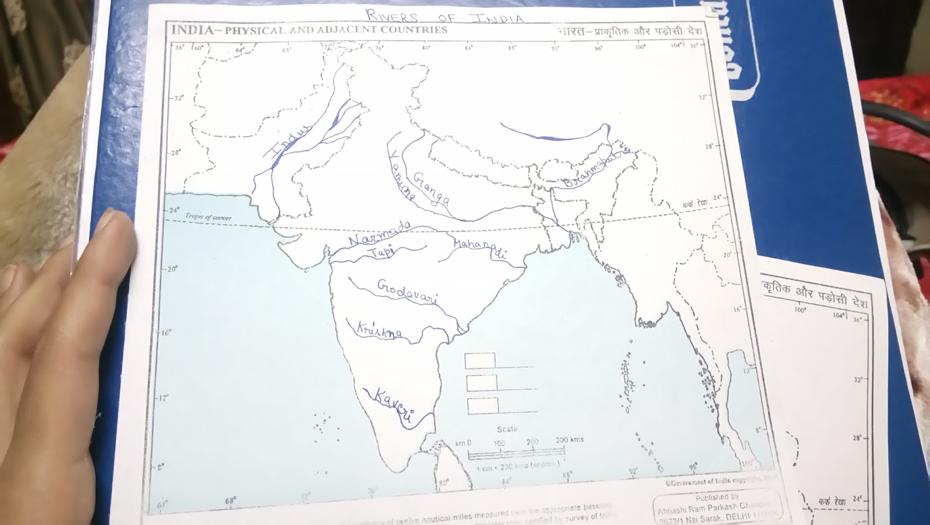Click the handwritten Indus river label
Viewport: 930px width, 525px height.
(288, 142)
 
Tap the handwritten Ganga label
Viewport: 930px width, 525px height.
(431, 188)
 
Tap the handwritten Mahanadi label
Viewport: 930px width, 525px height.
(480, 249)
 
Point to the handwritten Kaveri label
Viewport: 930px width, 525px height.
(394, 404)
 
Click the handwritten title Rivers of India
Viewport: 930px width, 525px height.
(445, 16)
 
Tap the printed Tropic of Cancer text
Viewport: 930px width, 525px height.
(209, 217)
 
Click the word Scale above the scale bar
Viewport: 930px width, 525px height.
(507, 429)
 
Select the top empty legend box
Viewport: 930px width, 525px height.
(480, 360)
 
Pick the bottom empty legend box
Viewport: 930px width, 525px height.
(482, 406)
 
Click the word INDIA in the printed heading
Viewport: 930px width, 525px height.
(191, 30)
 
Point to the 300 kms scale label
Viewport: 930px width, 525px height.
(569, 440)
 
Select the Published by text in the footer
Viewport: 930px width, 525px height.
(717, 498)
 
